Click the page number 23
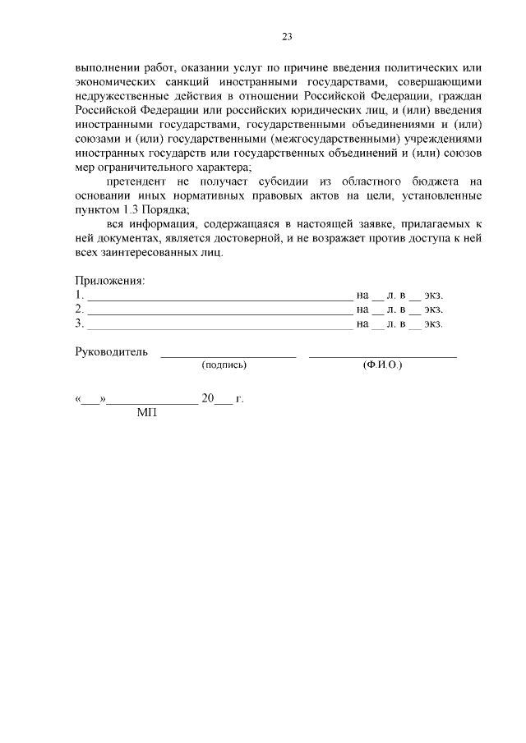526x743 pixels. tap(287, 37)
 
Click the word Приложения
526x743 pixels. tap(109, 281)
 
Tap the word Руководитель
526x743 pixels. tap(111, 352)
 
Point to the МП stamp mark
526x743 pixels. tap(146, 413)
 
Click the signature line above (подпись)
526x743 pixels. tap(228, 356)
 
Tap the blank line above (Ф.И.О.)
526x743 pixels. tap(382, 356)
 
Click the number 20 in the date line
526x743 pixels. tap(207, 399)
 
